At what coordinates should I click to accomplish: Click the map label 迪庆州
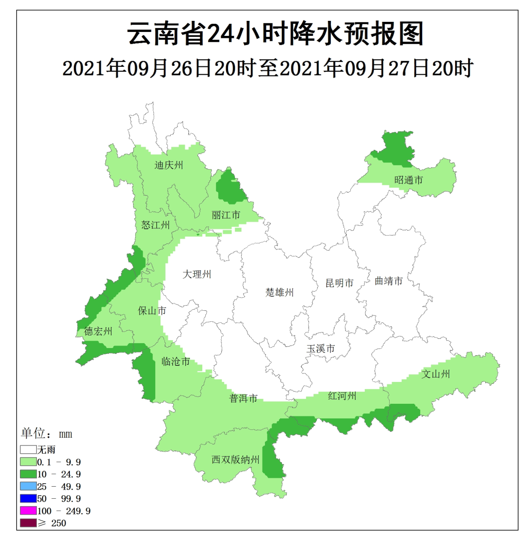pos(169,165)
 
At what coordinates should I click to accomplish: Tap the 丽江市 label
pos(226,215)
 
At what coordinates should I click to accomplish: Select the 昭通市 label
pos(409,180)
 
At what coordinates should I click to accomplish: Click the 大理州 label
pos(197,274)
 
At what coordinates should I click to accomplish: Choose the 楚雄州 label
pos(280,292)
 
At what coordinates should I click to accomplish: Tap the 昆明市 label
pos(340,283)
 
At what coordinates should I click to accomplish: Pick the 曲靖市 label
pos(389,281)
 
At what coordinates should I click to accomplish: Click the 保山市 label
pos(153,311)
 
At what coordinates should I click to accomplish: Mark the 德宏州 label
pos(98,332)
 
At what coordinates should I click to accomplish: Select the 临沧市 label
pos(175,362)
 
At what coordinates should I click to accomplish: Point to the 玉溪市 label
pos(321,349)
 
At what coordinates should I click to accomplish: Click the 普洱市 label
pos(243,398)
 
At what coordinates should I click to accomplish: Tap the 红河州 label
pos(342,396)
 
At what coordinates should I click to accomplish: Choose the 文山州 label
pos(436,374)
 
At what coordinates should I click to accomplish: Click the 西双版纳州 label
pos(236,460)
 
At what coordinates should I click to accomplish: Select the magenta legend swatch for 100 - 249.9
pos(28,511)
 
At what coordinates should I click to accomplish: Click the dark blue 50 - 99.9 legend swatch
pos(28,498)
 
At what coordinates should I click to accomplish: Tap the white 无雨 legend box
pos(28,450)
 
